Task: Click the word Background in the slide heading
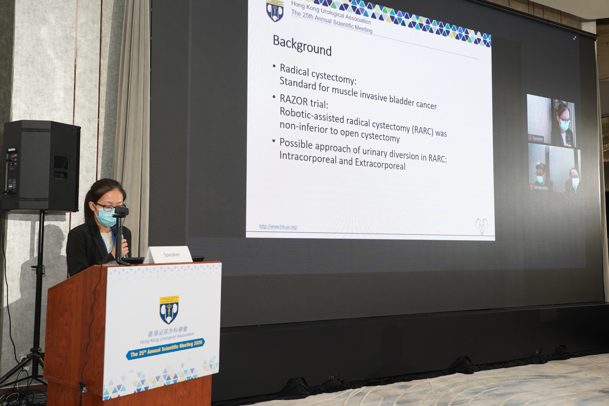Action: coord(302,46)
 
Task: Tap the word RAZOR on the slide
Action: coord(294,100)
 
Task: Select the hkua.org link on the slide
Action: coord(278,227)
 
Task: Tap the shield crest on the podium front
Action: coord(169,310)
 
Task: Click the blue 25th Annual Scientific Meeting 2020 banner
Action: coord(165,349)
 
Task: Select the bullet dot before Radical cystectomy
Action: coord(274,66)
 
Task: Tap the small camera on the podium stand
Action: coord(121,211)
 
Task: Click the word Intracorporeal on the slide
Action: coord(308,157)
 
